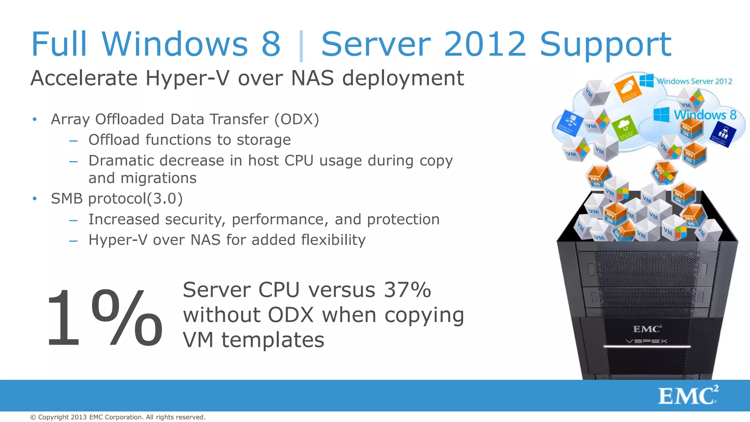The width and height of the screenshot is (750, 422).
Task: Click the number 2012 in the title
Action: (485, 44)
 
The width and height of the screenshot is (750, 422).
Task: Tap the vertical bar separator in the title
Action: (301, 46)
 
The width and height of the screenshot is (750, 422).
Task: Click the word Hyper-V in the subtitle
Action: (188, 78)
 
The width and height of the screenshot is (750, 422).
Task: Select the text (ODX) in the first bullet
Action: (297, 119)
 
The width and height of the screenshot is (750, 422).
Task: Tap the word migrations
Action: (158, 178)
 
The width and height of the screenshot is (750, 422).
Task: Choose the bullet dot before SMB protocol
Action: (35, 199)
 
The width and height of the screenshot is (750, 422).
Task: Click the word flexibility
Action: (333, 240)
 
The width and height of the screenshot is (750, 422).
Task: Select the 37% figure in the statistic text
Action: (407, 290)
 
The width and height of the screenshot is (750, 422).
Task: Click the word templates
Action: (273, 340)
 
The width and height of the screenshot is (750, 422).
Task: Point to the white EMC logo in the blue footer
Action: (688, 396)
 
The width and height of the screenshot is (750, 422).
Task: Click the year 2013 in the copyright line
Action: (79, 417)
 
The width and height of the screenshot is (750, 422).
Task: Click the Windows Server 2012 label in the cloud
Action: (694, 81)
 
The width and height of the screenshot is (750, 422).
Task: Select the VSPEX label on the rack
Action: (646, 341)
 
